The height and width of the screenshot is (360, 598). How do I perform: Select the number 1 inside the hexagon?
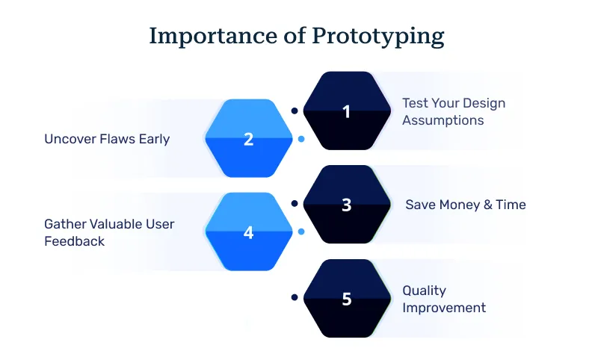click(346, 111)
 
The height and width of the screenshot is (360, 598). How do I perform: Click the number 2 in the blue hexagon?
click(249, 139)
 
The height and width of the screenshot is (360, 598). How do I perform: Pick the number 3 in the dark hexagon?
click(346, 205)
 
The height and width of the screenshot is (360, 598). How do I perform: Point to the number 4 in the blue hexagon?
click(249, 232)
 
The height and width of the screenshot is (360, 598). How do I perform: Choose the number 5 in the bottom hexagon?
click(346, 299)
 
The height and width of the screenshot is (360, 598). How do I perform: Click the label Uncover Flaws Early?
click(107, 139)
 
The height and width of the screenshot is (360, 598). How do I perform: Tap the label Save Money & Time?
click(465, 205)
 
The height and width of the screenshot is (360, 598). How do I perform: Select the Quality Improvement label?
click(444, 299)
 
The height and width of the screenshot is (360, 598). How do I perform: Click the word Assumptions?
click(443, 120)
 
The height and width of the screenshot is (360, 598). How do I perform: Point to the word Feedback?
click(74, 241)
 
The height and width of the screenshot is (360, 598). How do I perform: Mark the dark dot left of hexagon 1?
click(295, 111)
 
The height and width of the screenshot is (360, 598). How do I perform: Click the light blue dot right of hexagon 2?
click(300, 139)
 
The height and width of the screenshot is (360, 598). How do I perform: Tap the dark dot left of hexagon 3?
click(295, 203)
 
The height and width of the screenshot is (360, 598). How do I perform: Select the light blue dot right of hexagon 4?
click(300, 232)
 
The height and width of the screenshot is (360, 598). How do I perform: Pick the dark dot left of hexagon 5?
click(295, 297)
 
